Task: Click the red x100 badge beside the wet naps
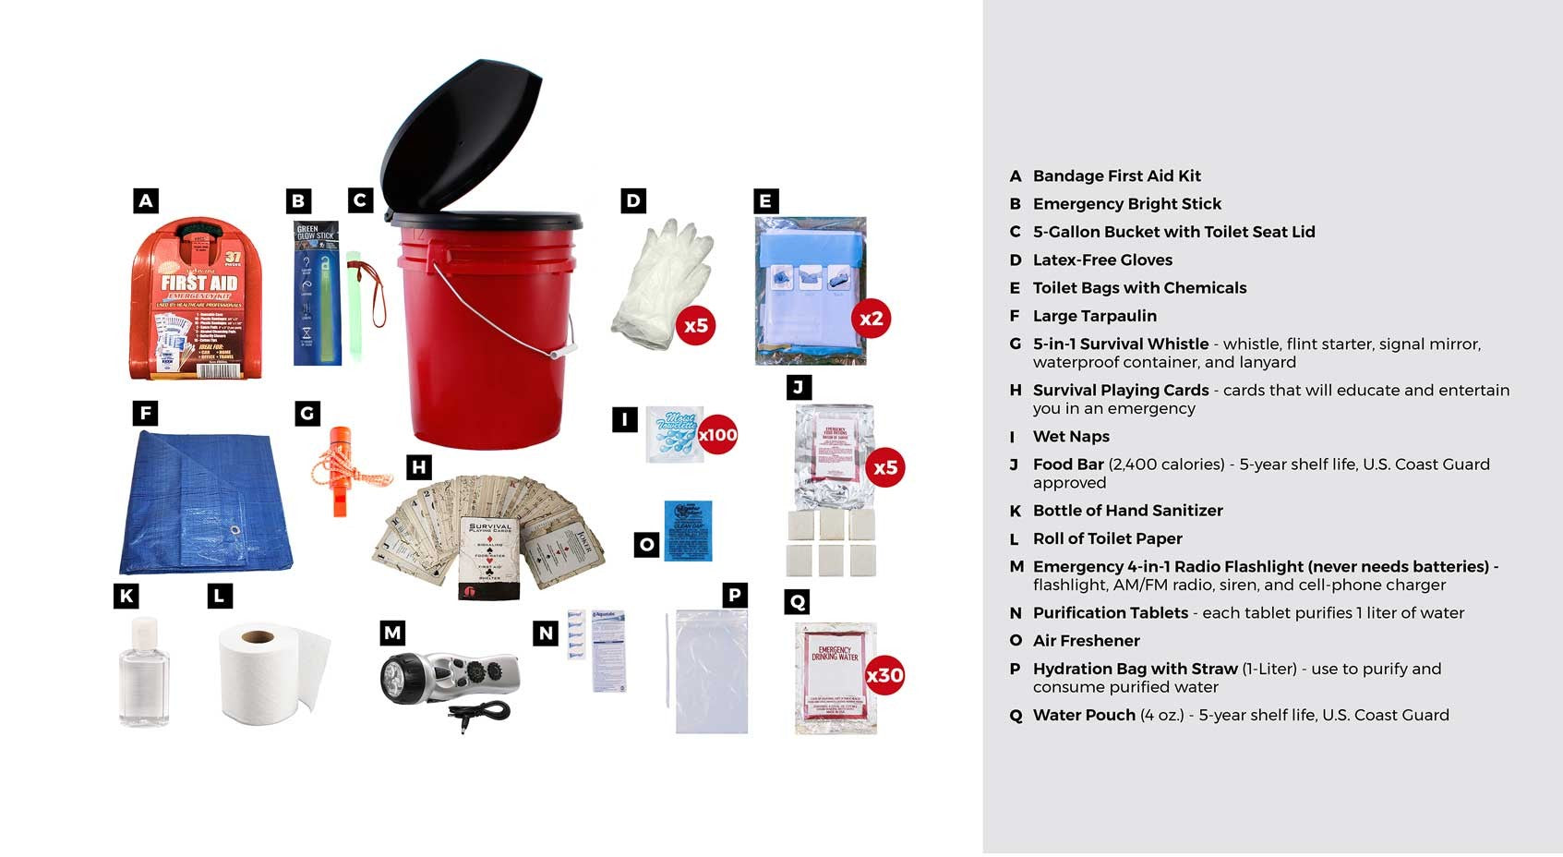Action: coord(717,435)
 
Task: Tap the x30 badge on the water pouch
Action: coord(884,675)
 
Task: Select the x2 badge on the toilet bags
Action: coord(871,320)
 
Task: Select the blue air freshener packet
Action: coord(688,531)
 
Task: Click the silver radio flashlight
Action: coord(450,679)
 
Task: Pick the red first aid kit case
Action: coord(197,300)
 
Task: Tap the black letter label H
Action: coord(419,467)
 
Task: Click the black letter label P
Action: coord(734,595)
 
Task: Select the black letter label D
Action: coord(632,200)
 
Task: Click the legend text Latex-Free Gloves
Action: coord(1101,260)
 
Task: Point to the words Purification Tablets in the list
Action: coord(1110,612)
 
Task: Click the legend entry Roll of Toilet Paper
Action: coord(1107,538)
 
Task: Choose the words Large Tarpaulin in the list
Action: coord(1094,316)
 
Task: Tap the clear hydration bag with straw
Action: coord(710,672)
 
